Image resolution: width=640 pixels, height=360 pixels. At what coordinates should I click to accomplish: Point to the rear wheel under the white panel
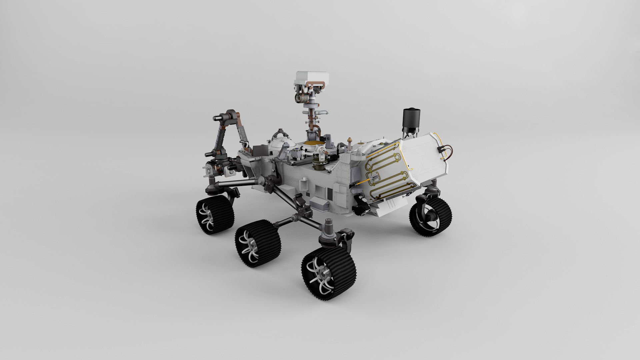[431, 216]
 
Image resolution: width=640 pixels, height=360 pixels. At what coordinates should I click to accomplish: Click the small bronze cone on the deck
[350, 140]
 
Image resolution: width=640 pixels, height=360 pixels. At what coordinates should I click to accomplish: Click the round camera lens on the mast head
[298, 97]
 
